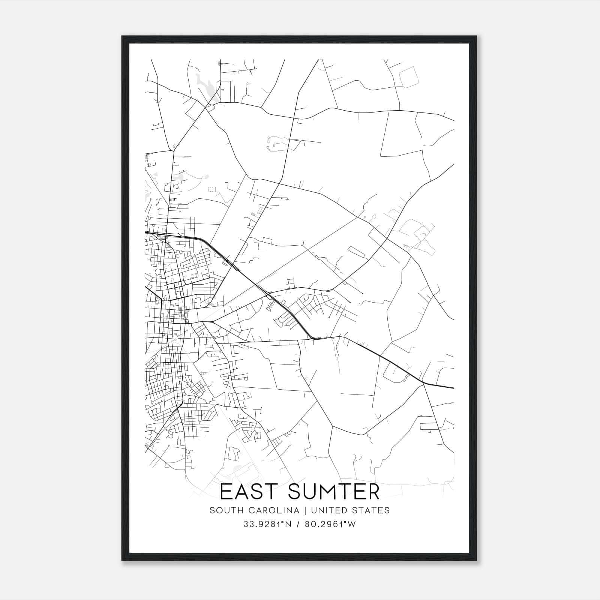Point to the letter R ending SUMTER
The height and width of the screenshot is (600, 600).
373,492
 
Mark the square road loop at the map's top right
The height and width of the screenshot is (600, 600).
408,77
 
